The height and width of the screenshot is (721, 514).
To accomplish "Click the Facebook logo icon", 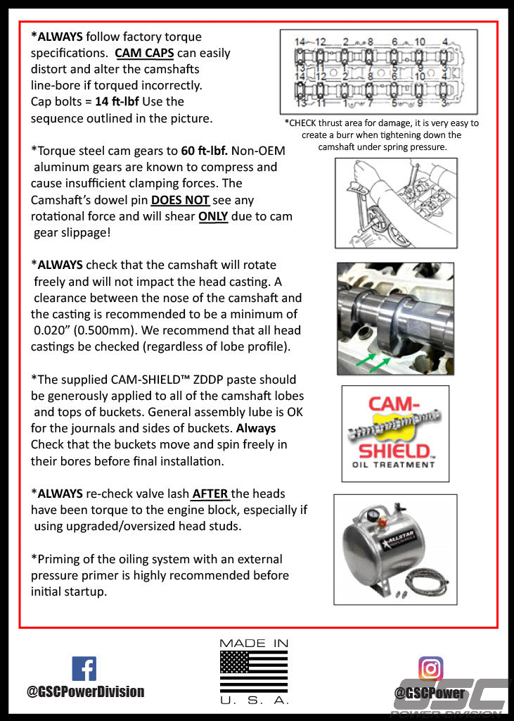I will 84,668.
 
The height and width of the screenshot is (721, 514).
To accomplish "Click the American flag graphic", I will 254,670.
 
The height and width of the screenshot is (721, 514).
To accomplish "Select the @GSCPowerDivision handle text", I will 85,691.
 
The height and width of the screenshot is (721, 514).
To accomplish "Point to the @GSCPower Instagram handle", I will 430,693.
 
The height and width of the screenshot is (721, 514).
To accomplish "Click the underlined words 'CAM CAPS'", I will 144,53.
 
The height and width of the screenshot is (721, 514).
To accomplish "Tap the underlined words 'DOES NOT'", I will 180,200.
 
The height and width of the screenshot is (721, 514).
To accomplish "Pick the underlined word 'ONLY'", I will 213,216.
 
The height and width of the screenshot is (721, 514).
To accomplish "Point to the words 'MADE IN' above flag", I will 254,644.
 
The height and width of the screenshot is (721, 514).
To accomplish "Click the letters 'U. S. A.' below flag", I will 254,701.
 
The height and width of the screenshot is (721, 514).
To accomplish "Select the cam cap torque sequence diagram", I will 378,73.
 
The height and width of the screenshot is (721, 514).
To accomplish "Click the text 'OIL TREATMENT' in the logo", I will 394,465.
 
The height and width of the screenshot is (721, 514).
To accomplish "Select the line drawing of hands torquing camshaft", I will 395,203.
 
